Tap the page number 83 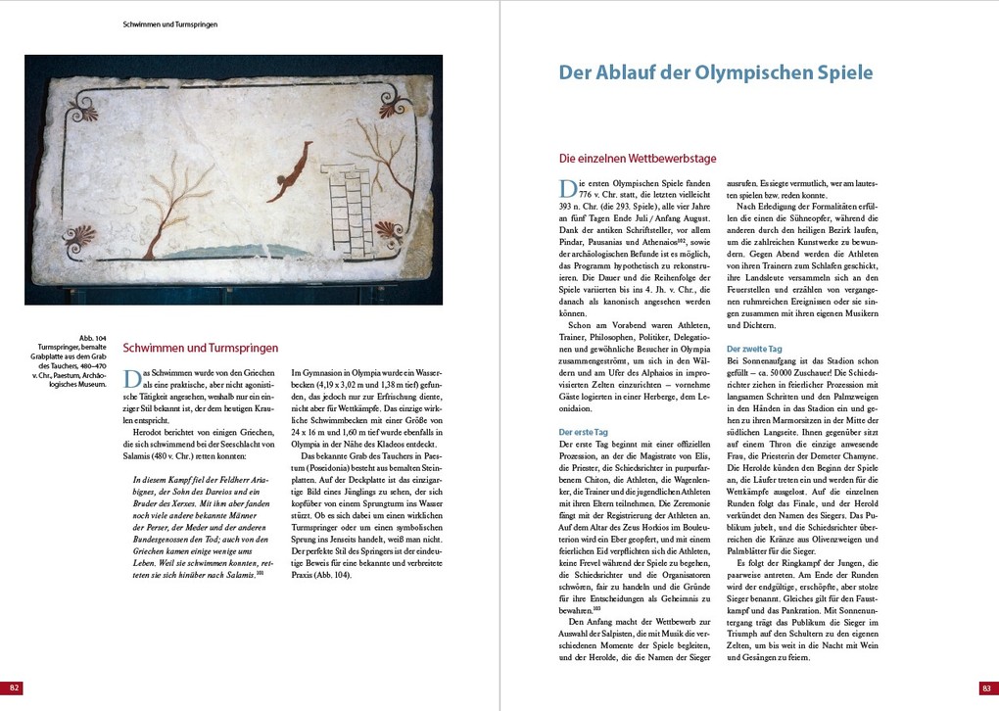[x=984, y=687]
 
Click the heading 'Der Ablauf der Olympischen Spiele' [x=715, y=72]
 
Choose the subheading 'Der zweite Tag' [x=754, y=349]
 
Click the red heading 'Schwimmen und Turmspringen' [x=200, y=348]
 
